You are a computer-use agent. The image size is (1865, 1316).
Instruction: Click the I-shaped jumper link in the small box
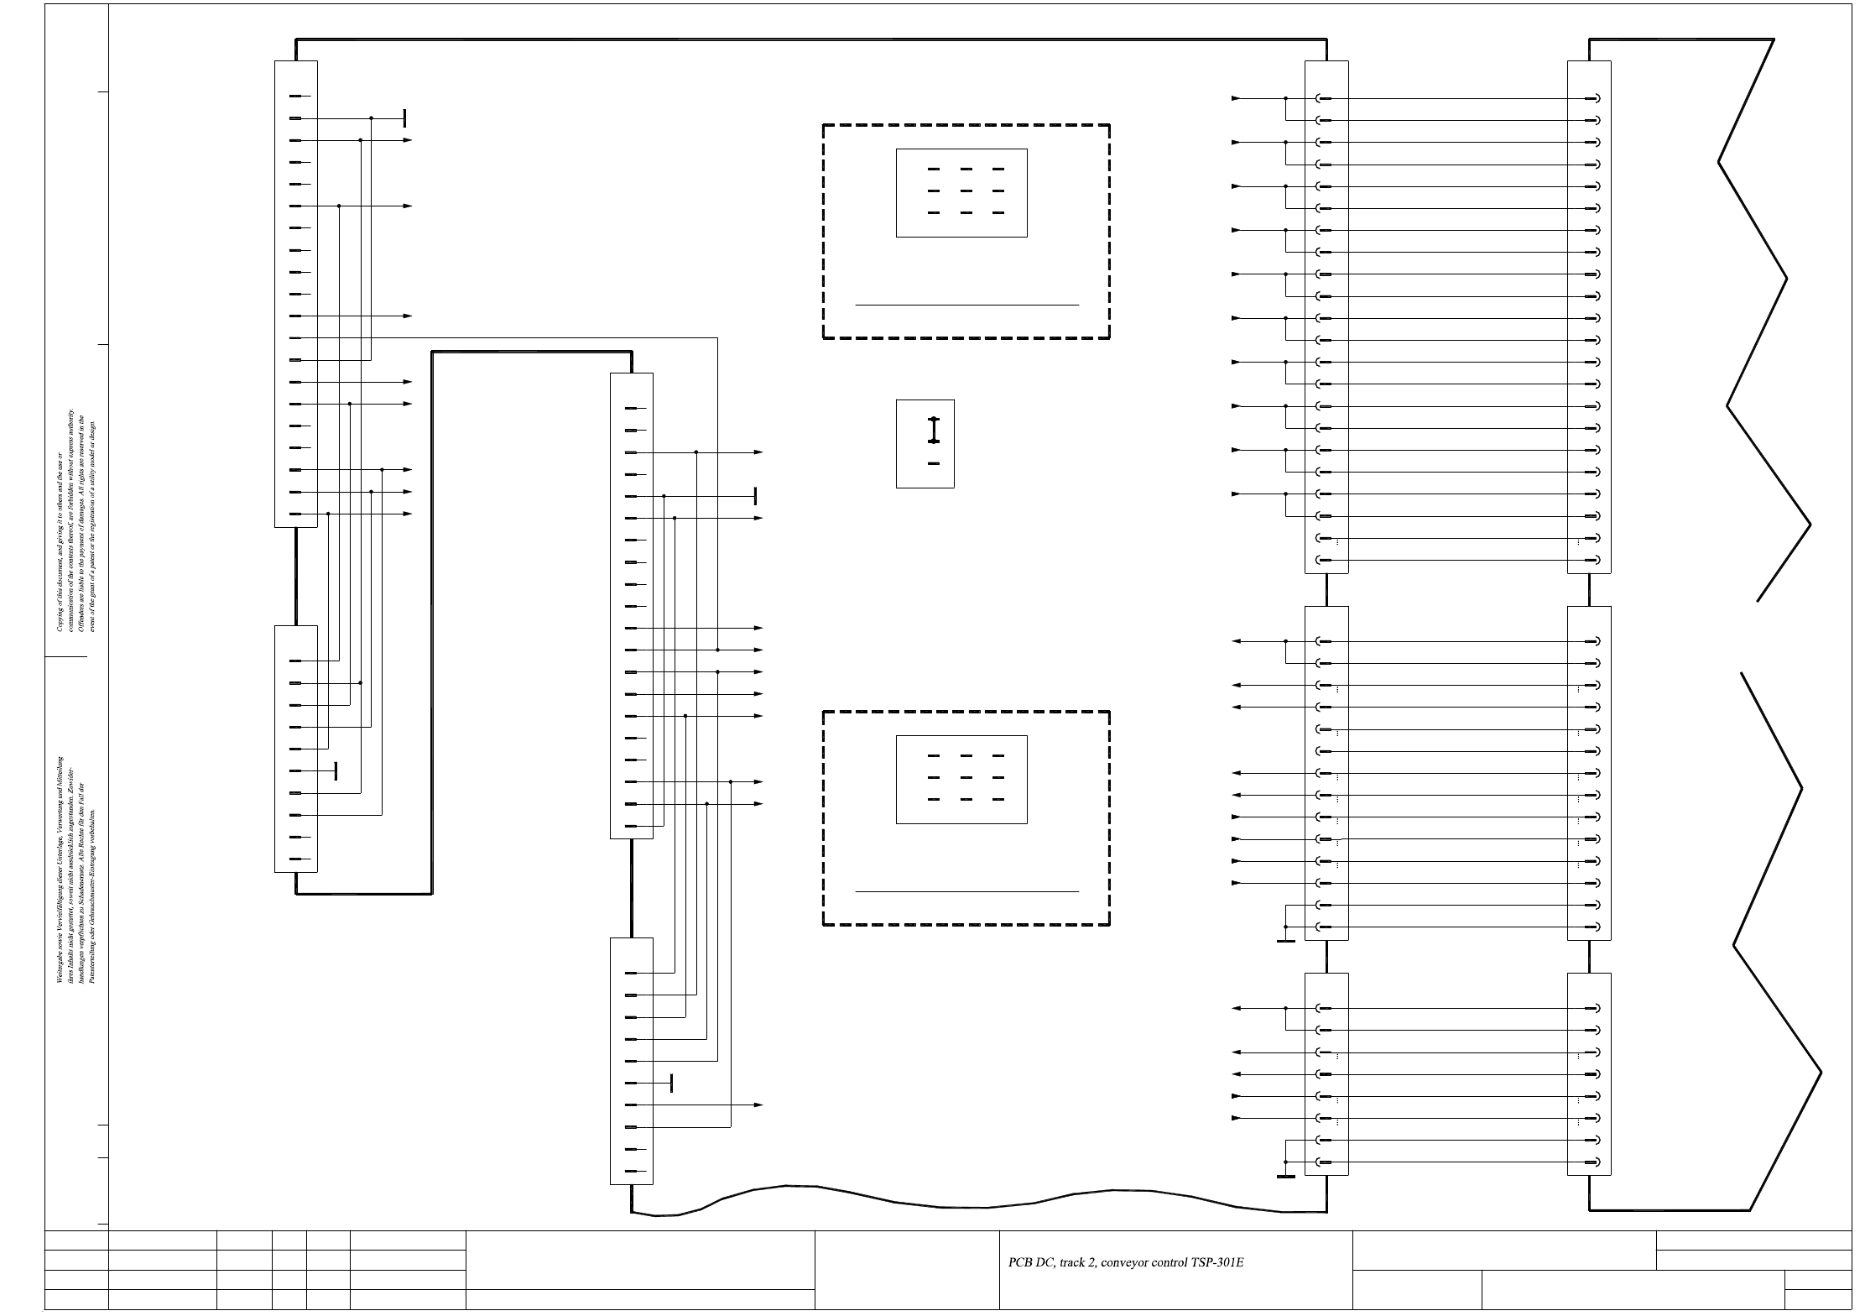[934, 430]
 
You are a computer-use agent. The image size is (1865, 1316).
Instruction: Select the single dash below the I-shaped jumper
[934, 463]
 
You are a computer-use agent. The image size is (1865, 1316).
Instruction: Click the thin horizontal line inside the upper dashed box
[966, 305]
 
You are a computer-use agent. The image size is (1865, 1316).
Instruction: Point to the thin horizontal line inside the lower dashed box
[966, 892]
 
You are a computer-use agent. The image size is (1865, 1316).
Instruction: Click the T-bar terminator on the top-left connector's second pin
[404, 118]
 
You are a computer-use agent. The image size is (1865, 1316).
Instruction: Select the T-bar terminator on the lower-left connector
[336, 771]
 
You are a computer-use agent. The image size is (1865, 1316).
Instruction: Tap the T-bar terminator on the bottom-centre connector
[671, 1084]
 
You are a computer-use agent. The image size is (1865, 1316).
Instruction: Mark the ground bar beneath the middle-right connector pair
[1285, 942]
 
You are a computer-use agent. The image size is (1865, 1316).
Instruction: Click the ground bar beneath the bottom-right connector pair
[1285, 1177]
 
